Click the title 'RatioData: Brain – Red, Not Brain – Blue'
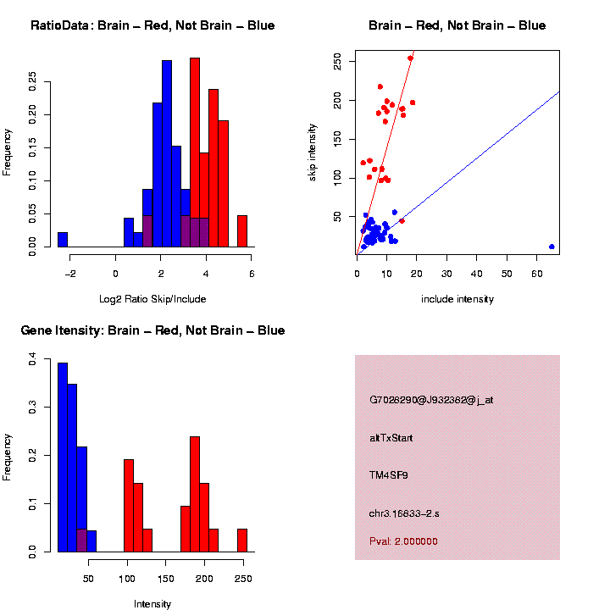coord(152,26)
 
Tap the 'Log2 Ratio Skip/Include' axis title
coord(152,298)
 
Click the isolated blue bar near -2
coord(63,240)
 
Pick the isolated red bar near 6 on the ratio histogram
coord(241,231)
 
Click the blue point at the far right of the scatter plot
coord(552,247)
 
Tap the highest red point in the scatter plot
coord(410,58)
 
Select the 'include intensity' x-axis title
coord(457,299)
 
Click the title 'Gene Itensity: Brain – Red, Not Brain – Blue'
coord(152,330)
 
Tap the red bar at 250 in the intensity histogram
coord(241,541)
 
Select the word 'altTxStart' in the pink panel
coord(391,438)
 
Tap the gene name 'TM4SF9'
coord(389,475)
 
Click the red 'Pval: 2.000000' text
coord(404,541)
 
